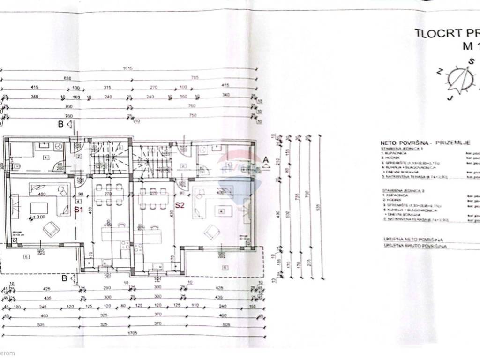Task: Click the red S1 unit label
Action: tap(79, 210)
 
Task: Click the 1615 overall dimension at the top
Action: tap(128, 68)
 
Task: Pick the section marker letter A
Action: tap(265, 159)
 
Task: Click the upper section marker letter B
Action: tap(60, 124)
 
